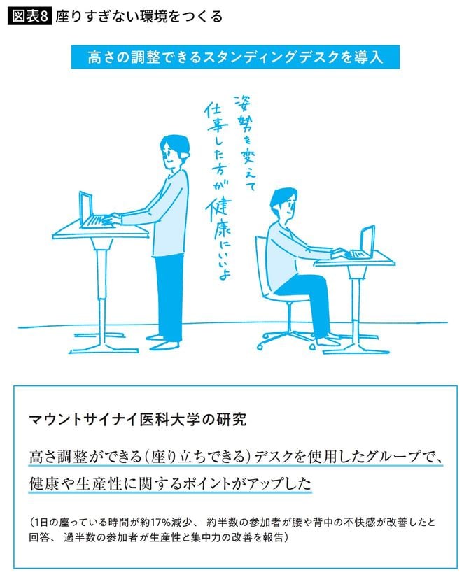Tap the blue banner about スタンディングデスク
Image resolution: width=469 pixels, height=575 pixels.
(235, 57)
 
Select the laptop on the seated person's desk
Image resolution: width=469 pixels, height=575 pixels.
(365, 243)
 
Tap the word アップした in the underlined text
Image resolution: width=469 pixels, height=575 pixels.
(276, 483)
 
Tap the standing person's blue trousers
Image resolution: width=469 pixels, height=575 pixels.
(167, 294)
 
